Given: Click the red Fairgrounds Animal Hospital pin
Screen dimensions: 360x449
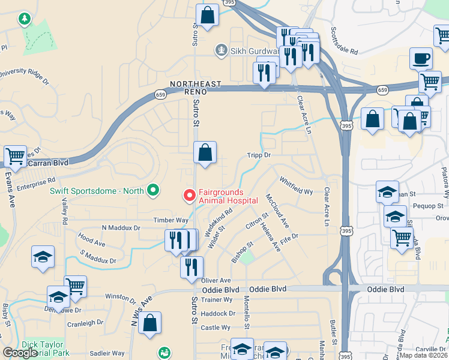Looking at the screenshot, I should click(189, 195).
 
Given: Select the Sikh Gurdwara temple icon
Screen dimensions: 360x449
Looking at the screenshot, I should click(222, 50).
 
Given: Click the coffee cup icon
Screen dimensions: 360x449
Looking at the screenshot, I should click(421, 59).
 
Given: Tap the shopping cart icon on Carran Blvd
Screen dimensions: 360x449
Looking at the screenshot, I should click(15, 156).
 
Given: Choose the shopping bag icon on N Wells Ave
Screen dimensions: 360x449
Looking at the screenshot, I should click(149, 322).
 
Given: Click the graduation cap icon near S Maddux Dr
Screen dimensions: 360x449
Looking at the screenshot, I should click(43, 257).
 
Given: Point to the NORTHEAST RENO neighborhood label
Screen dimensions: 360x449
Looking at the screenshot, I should click(195, 88).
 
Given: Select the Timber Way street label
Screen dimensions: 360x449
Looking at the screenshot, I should click(170, 220).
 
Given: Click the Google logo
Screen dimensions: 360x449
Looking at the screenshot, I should click(20, 353).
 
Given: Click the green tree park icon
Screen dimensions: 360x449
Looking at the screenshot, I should click(24, 20).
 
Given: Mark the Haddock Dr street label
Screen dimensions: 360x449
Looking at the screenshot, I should click(218, 313).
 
